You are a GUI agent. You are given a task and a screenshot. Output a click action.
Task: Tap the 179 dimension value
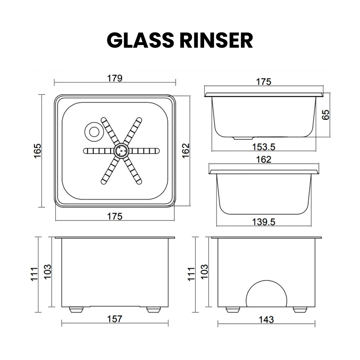click(x=115, y=78)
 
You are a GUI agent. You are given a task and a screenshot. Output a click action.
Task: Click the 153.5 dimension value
click(x=264, y=147)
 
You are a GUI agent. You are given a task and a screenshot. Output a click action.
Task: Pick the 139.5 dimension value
click(x=263, y=222)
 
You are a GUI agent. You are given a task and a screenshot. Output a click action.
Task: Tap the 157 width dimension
click(x=115, y=319)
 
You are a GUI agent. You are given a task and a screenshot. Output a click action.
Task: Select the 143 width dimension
click(x=266, y=319)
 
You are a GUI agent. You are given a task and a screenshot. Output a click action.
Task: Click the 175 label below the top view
click(x=115, y=216)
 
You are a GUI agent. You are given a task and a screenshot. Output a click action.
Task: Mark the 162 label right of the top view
click(x=185, y=150)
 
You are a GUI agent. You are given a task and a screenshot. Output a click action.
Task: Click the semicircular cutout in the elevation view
click(x=267, y=293)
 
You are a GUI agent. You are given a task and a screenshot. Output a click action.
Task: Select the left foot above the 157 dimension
click(x=75, y=309)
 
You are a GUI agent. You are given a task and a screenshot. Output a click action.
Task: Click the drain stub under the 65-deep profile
click(x=243, y=138)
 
